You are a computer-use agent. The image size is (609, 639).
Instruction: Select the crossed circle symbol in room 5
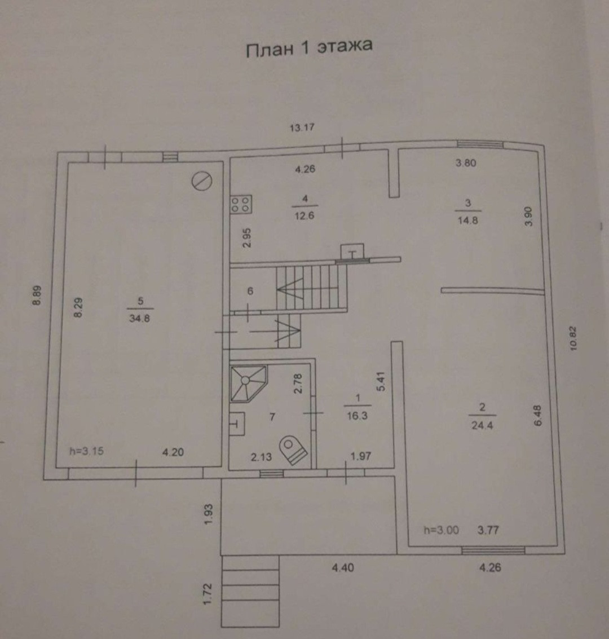pos(201,181)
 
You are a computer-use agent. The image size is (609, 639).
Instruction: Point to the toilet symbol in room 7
pos(293,449)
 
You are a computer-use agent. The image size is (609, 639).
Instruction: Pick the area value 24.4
pos(482,426)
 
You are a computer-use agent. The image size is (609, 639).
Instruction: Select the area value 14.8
pos(467,221)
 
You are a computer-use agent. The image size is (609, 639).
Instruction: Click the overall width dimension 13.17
pos(302,127)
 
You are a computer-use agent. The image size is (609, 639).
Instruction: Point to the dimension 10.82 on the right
pos(574,338)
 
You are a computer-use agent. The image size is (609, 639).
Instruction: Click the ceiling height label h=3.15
pos(86,451)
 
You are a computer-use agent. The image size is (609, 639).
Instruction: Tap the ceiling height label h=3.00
pos(441,530)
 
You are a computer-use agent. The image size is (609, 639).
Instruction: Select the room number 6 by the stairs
pos(251,292)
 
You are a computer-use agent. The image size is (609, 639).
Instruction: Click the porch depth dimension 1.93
pos(208,514)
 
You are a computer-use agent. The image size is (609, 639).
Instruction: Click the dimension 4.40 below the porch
pos(343,568)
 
